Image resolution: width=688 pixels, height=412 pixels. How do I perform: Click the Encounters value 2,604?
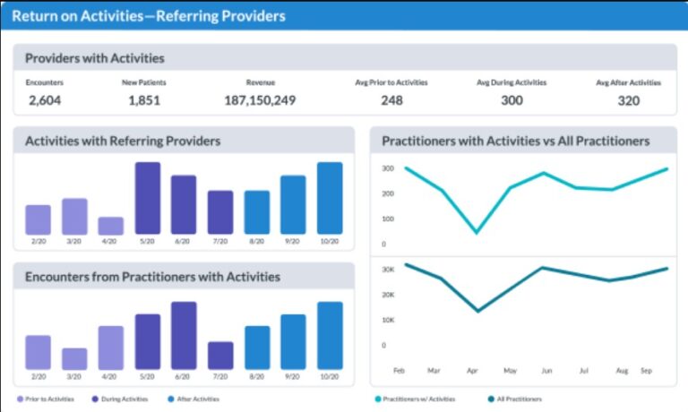tap(44, 100)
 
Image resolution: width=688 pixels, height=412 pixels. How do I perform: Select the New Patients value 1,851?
tap(143, 100)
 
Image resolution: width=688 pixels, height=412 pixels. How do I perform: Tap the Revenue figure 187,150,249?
tap(260, 100)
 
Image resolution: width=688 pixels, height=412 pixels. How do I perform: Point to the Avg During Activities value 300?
tap(512, 100)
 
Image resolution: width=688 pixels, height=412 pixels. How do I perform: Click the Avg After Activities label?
tap(628, 82)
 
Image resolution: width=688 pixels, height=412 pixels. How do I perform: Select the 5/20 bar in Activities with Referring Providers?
tap(148, 199)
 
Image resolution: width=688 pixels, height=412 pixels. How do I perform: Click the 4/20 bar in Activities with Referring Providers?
tap(111, 226)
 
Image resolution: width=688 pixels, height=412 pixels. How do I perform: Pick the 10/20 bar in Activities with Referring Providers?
tap(330, 199)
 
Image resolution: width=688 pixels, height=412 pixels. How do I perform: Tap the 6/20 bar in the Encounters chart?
tap(184, 336)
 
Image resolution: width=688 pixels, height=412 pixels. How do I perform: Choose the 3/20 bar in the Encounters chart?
tap(74, 359)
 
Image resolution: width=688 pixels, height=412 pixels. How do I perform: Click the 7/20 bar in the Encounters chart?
tap(220, 356)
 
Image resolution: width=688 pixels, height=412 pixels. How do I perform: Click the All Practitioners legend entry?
tap(518, 399)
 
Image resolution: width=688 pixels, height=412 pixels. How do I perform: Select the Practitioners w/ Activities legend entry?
tap(417, 399)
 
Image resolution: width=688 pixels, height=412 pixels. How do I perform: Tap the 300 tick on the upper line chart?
tap(388, 168)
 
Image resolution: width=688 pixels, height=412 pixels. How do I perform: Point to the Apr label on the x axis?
tap(472, 369)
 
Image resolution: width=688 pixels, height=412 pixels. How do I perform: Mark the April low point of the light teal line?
tap(476, 233)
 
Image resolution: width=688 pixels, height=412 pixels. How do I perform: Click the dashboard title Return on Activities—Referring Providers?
tap(149, 16)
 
